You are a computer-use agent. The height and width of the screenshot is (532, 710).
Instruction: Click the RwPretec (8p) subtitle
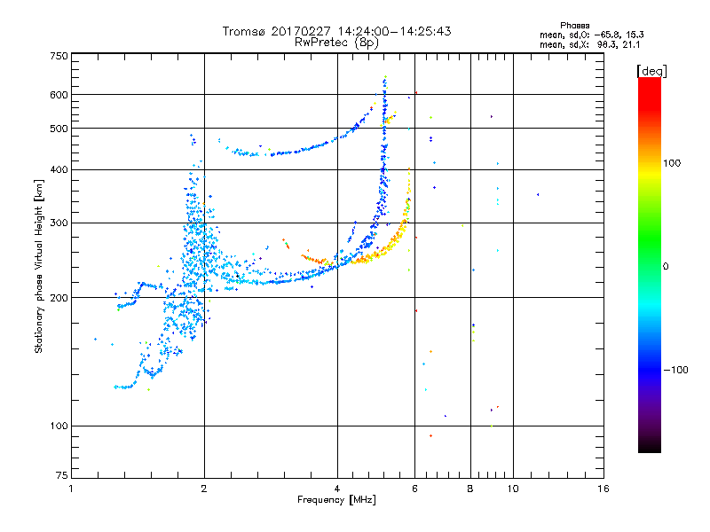[x=336, y=43]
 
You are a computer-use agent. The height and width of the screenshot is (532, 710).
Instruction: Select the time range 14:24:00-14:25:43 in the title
[x=394, y=31]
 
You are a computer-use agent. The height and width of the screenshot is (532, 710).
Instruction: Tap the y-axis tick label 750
[x=59, y=56]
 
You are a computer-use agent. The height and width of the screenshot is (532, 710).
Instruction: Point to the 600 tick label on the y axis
[x=59, y=95]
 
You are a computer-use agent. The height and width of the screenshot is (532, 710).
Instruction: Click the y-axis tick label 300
[x=59, y=223]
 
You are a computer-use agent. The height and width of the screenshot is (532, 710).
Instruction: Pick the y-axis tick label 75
[x=62, y=475]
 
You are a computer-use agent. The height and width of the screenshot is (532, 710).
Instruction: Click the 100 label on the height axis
[x=59, y=426]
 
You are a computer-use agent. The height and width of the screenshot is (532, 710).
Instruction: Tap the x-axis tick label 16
[x=603, y=489]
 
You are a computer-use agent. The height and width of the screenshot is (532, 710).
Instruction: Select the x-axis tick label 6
[x=414, y=489]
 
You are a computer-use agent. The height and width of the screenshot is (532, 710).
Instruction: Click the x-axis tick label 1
[x=71, y=489]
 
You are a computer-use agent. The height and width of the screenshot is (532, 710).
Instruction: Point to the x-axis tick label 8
[x=470, y=489]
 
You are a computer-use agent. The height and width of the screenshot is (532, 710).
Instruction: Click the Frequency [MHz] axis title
[x=337, y=500]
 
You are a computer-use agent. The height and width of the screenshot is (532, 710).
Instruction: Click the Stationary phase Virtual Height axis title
[x=39, y=267]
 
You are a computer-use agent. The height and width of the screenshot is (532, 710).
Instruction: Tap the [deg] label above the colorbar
[x=652, y=72]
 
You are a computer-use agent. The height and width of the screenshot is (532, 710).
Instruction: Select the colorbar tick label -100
[x=676, y=370]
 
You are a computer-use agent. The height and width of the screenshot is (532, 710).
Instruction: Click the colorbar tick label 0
[x=666, y=267]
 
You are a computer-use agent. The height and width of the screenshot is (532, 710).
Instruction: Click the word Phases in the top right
[x=575, y=26]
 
